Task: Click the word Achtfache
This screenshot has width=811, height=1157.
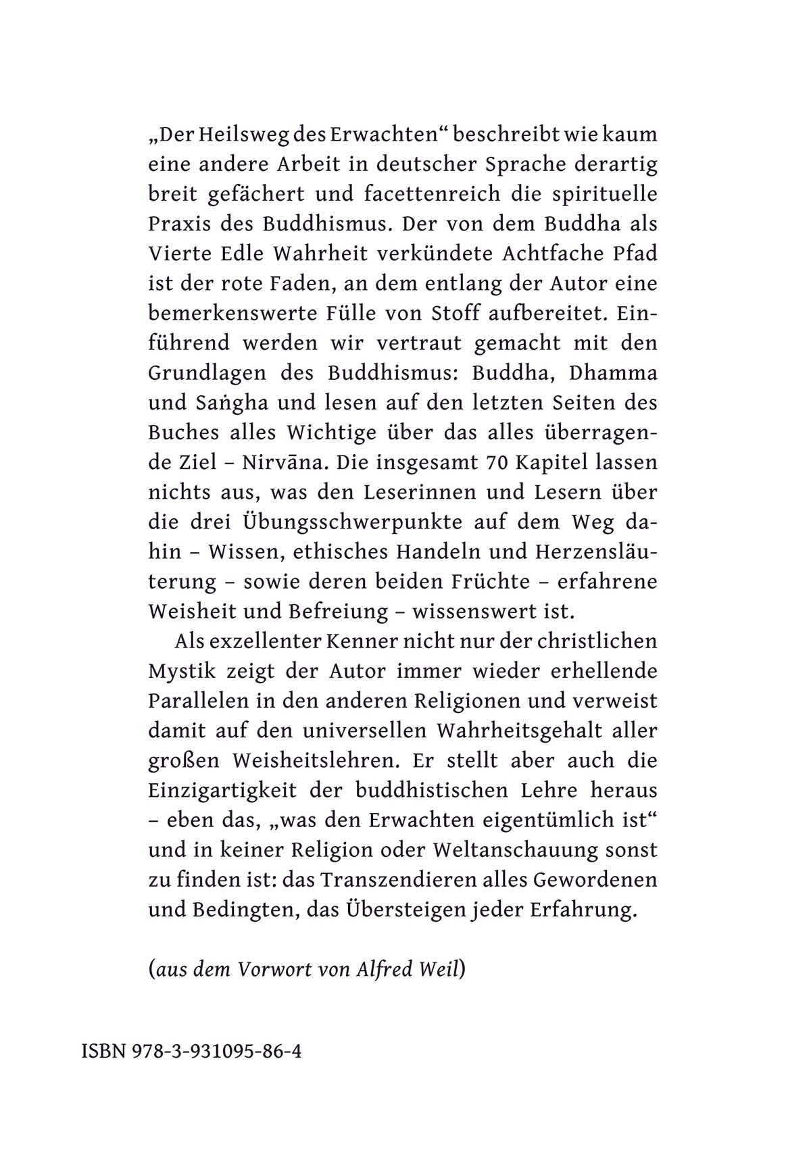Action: click(x=555, y=253)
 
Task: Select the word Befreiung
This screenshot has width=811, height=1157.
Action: click(x=339, y=612)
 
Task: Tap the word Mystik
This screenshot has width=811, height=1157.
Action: click(x=182, y=671)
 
